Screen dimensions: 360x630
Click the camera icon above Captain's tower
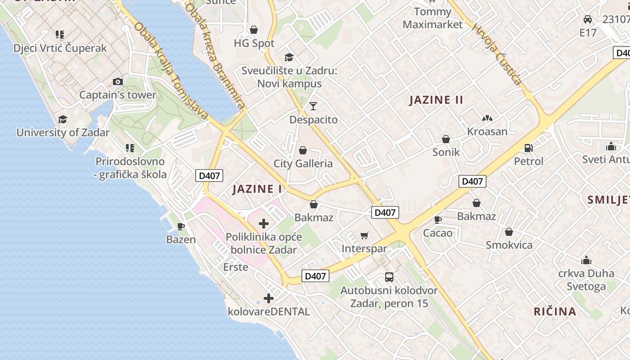click(x=118, y=81)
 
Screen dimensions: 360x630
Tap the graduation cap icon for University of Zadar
click(x=63, y=119)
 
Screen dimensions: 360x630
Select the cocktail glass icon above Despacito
click(x=313, y=106)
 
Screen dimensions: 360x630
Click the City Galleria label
click(x=303, y=163)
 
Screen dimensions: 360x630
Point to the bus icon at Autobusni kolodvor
click(x=389, y=277)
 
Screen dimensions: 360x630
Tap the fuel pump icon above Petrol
click(x=529, y=148)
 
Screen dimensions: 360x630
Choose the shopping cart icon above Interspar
click(x=364, y=235)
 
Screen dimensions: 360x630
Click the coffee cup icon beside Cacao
click(x=437, y=220)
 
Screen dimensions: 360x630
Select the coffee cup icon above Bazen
click(x=181, y=226)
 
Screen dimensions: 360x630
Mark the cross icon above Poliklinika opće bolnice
click(x=264, y=223)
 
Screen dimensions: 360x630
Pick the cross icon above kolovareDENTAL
click(x=269, y=298)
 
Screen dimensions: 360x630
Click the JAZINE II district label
click(x=436, y=100)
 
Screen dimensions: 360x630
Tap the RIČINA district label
click(x=555, y=311)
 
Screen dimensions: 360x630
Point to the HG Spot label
click(x=254, y=43)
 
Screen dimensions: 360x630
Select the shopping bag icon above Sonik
click(x=446, y=139)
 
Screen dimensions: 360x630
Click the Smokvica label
click(x=509, y=245)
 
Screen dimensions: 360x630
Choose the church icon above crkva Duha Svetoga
click(x=586, y=260)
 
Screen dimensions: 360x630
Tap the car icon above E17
click(x=587, y=19)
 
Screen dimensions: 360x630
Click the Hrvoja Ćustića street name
click(x=496, y=54)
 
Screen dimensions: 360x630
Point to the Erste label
click(x=235, y=267)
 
